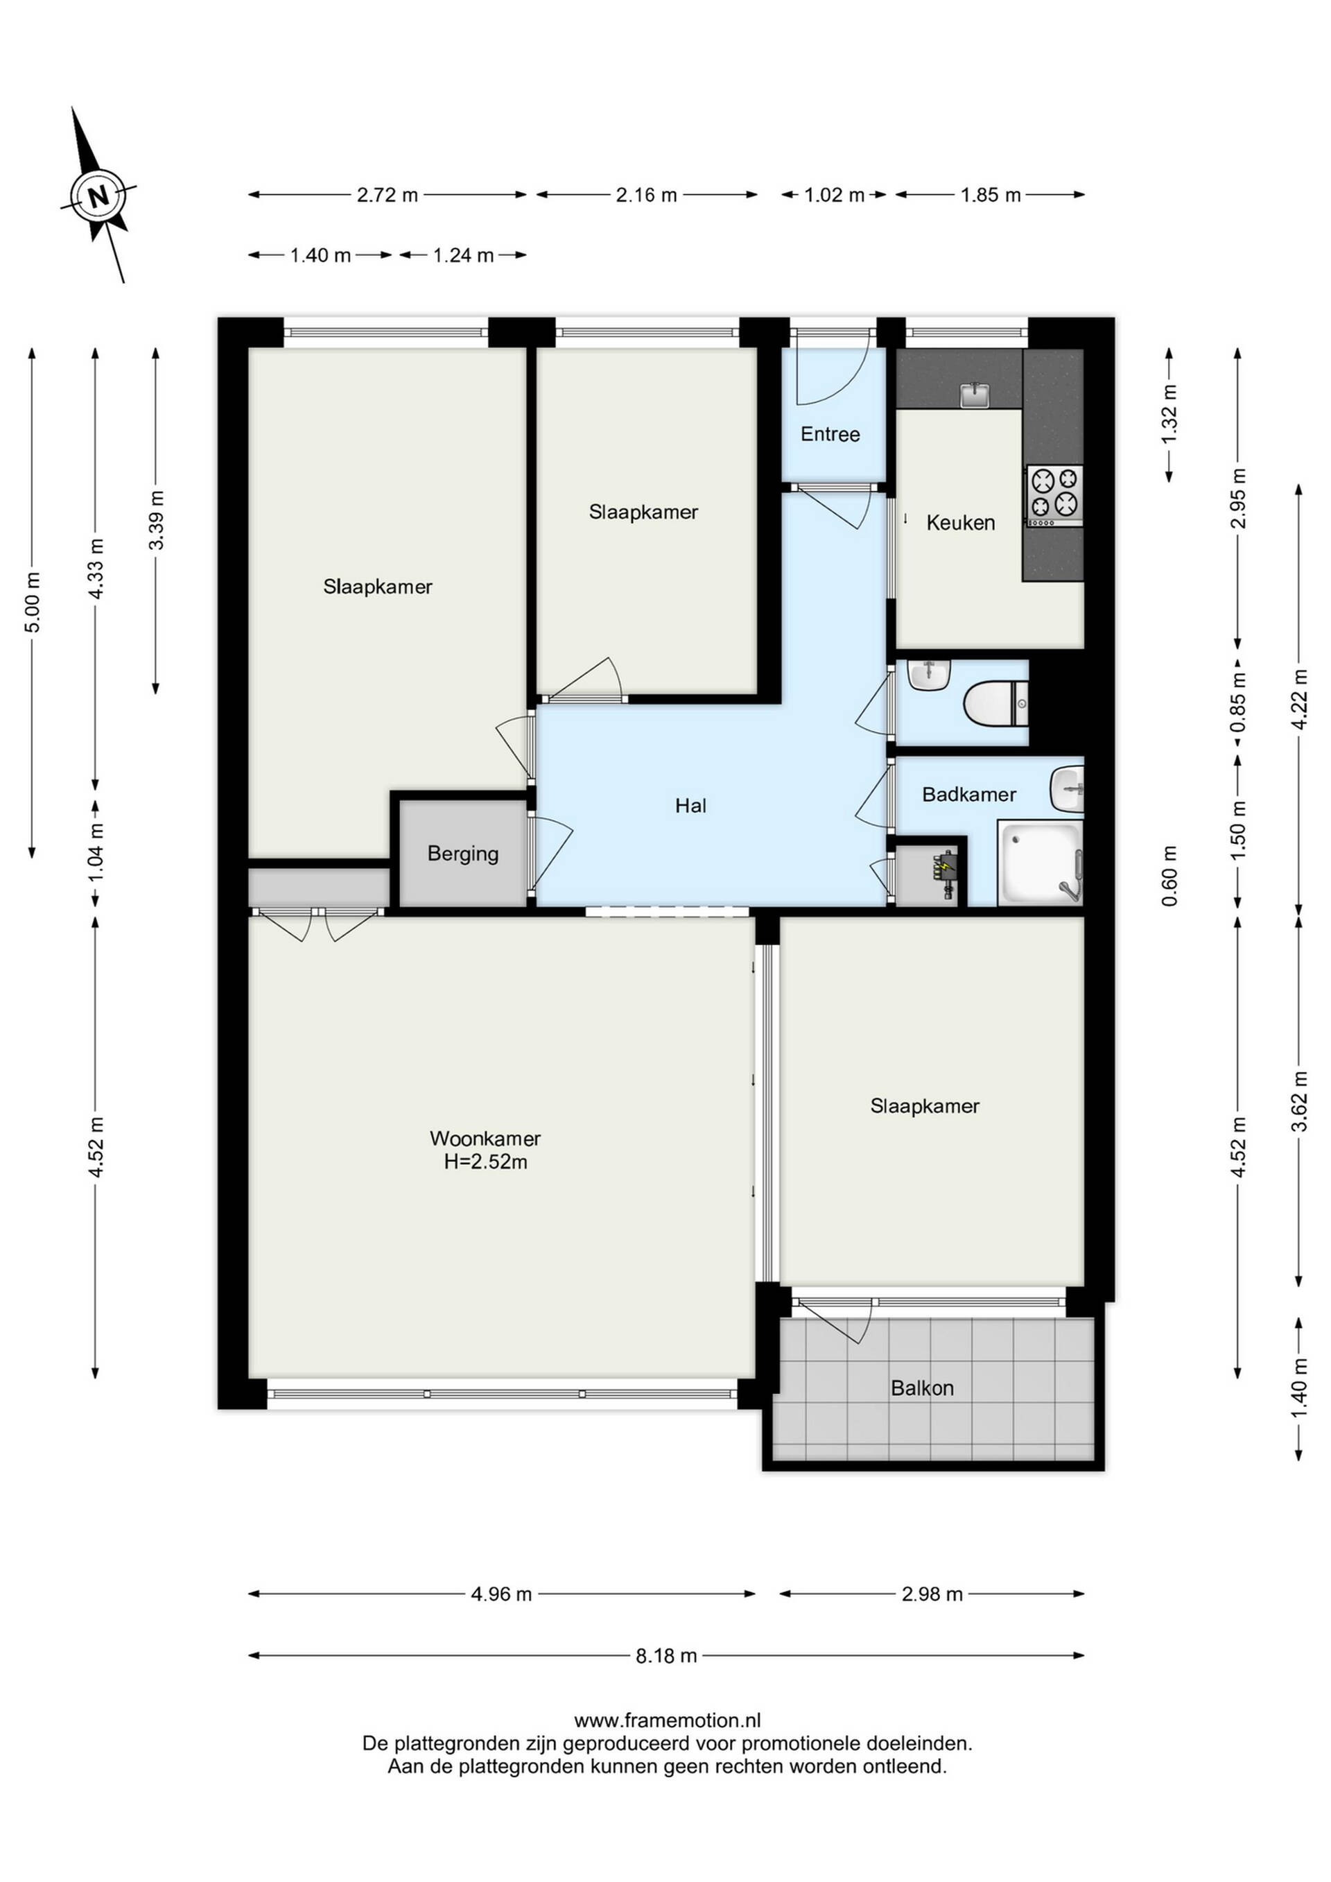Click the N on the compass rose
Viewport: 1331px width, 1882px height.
coord(98,197)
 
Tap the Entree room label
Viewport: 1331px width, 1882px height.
coord(830,434)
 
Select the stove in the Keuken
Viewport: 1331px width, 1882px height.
coord(1053,496)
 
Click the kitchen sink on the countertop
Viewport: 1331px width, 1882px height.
coord(975,395)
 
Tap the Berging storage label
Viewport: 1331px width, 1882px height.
coord(463,854)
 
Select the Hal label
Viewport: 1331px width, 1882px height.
coord(691,806)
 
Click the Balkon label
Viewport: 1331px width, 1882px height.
coord(922,1388)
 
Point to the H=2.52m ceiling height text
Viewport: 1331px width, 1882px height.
coord(486,1162)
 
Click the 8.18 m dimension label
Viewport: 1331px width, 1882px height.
coord(666,1656)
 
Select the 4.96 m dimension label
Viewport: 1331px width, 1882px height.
coord(502,1594)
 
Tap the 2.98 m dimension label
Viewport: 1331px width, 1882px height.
coord(932,1594)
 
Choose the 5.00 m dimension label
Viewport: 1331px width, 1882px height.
coord(32,603)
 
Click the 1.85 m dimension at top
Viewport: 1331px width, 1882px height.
coord(991,195)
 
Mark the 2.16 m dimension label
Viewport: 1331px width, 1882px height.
coord(647,195)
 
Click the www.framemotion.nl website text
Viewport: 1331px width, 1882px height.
coord(667,1720)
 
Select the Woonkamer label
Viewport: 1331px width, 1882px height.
coord(485,1139)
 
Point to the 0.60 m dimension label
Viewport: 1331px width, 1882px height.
coord(1169,875)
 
